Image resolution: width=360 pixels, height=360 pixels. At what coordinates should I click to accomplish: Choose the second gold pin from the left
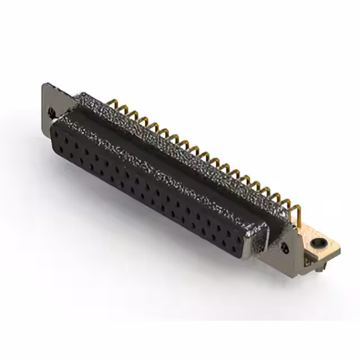(x=120, y=110)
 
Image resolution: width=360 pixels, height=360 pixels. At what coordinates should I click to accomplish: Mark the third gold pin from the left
(x=131, y=116)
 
